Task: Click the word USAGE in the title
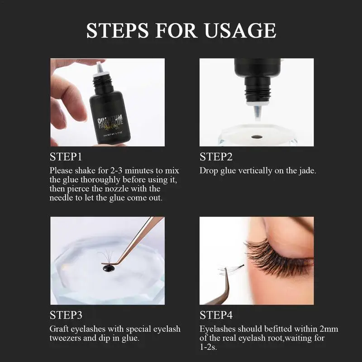tap(240, 30)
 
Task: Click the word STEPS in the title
tap(117, 30)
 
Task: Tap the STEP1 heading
tap(66, 157)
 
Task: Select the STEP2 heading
tap(216, 157)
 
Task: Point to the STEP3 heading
tap(66, 315)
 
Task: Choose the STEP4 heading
tap(216, 315)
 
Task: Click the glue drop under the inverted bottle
tap(257, 137)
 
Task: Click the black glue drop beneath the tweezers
tap(108, 268)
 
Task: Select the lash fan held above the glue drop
tap(106, 257)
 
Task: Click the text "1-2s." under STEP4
tap(208, 347)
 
